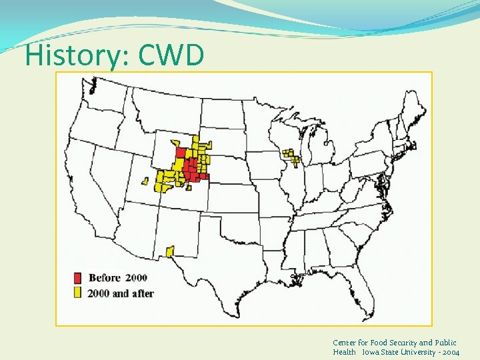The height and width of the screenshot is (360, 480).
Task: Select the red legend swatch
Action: (78, 278)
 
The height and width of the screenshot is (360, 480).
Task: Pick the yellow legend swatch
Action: (78, 293)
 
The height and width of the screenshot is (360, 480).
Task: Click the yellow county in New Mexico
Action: (169, 251)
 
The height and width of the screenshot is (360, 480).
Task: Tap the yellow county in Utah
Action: (145, 180)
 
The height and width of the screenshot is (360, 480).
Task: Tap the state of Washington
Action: (103, 97)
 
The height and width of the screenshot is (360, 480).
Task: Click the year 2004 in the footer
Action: (449, 351)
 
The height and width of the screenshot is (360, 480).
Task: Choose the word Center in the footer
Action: (345, 342)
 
